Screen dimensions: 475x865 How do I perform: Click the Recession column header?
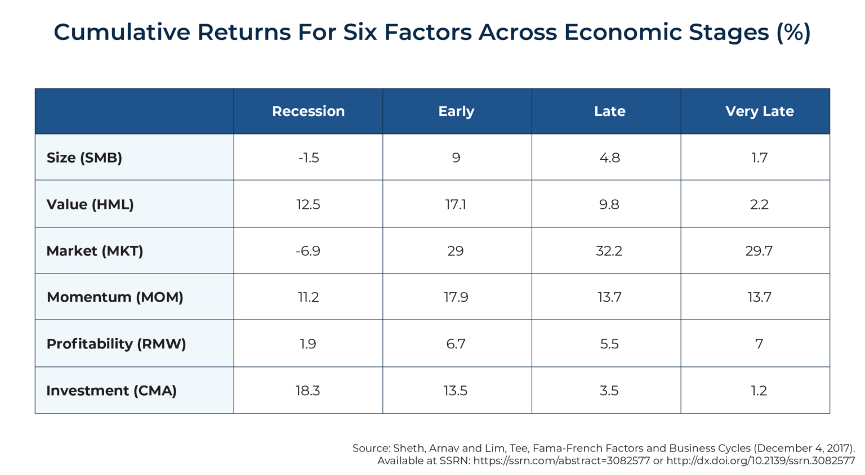pyautogui.click(x=308, y=111)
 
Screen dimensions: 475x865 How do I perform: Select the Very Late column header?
pyautogui.click(x=759, y=111)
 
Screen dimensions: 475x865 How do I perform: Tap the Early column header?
pyautogui.click(x=456, y=111)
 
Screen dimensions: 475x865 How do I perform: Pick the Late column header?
pyautogui.click(x=609, y=111)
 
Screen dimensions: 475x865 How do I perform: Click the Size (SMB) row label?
pyautogui.click(x=84, y=158)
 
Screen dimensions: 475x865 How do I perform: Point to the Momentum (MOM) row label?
pyautogui.click(x=115, y=297)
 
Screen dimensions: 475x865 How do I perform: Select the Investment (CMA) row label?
pyautogui.click(x=112, y=391)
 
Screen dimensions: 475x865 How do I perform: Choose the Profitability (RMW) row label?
pyautogui.click(x=116, y=344)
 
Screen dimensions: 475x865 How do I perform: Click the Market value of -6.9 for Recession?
pyautogui.click(x=308, y=251)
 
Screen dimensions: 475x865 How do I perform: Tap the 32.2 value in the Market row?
pyautogui.click(x=609, y=251)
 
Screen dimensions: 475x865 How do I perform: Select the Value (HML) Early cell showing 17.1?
pyautogui.click(x=456, y=204)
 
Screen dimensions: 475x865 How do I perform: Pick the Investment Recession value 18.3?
pyautogui.click(x=307, y=391)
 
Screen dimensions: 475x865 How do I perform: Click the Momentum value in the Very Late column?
pyautogui.click(x=759, y=297)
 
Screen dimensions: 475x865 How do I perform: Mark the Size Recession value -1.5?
pyautogui.click(x=309, y=158)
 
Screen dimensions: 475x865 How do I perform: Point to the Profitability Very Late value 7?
pyautogui.click(x=759, y=344)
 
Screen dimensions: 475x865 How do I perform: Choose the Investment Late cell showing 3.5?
pyautogui.click(x=609, y=391)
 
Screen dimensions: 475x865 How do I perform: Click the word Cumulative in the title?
pyautogui.click(x=122, y=32)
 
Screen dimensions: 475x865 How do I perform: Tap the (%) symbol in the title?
pyautogui.click(x=793, y=32)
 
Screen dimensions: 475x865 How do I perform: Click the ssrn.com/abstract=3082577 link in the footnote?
pyautogui.click(x=561, y=461)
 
